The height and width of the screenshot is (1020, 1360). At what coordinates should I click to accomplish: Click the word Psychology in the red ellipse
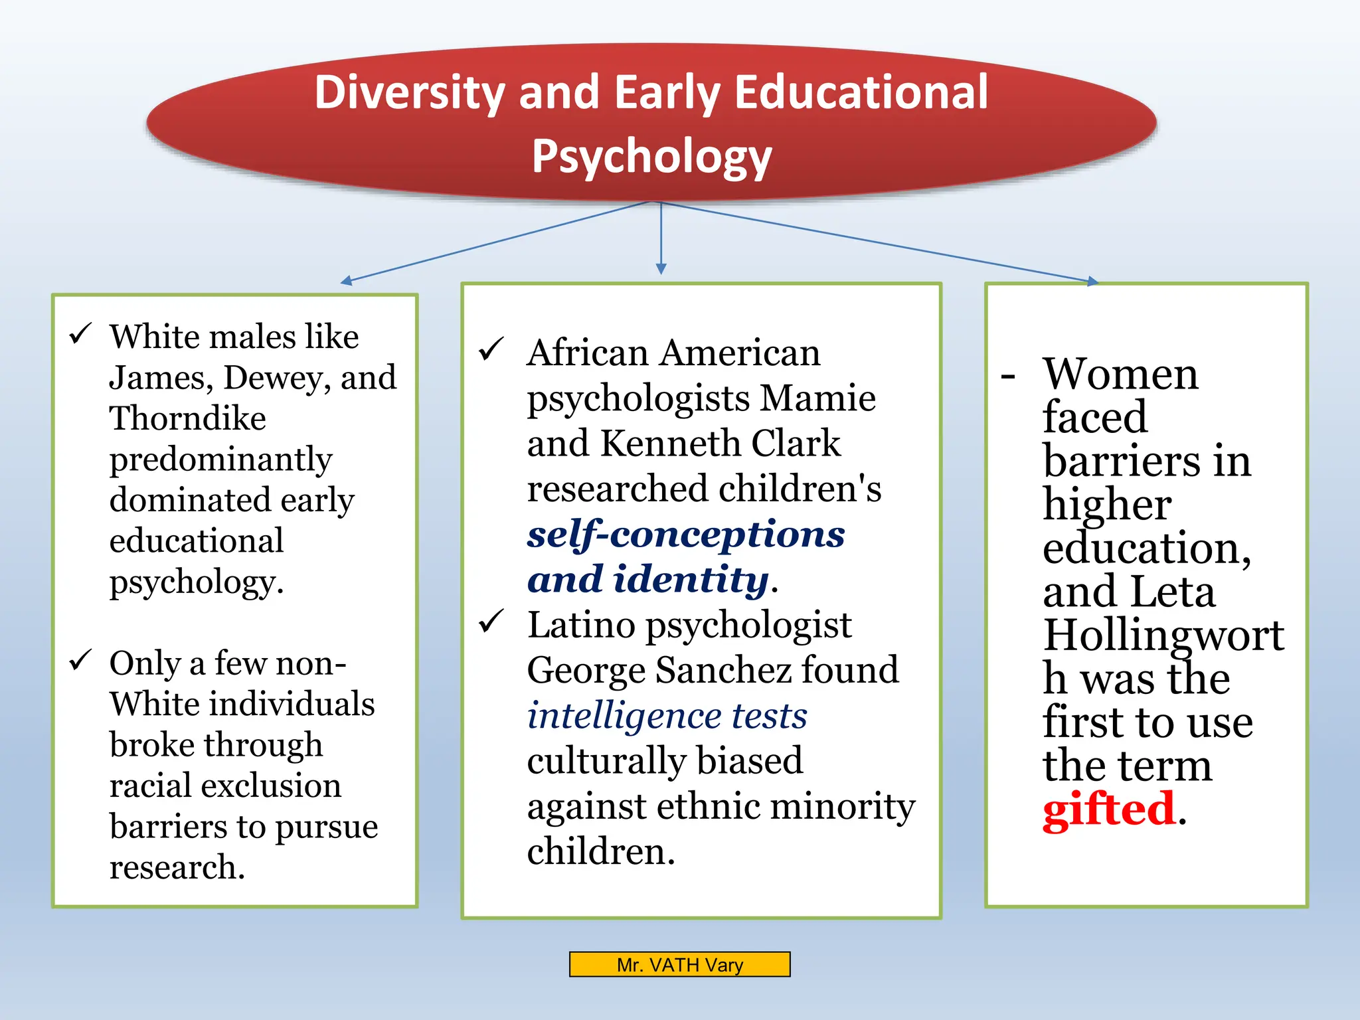[x=651, y=156]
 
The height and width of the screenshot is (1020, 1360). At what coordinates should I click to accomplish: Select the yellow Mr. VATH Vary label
[x=679, y=964]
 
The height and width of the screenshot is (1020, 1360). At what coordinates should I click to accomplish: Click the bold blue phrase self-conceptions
[x=685, y=535]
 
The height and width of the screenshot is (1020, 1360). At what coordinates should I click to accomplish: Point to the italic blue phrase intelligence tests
[x=667, y=716]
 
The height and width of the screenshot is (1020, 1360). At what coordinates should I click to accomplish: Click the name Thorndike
[x=187, y=418]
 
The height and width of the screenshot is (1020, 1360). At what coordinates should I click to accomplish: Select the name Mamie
[x=817, y=398]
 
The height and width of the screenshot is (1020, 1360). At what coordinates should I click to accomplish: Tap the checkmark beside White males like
[x=80, y=333]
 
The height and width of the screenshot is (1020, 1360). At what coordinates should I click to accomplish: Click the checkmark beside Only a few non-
[x=80, y=660]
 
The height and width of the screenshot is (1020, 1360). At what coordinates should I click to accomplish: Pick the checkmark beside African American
[x=491, y=349]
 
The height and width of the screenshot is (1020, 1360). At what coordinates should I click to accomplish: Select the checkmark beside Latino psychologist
[x=491, y=622]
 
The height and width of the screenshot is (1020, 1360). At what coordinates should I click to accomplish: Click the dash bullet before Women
[x=1007, y=377]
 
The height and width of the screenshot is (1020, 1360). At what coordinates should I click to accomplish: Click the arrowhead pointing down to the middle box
[x=661, y=269]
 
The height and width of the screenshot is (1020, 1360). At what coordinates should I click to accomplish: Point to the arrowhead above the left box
[x=345, y=281]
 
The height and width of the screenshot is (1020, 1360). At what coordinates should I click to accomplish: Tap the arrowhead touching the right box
[x=1092, y=282]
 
